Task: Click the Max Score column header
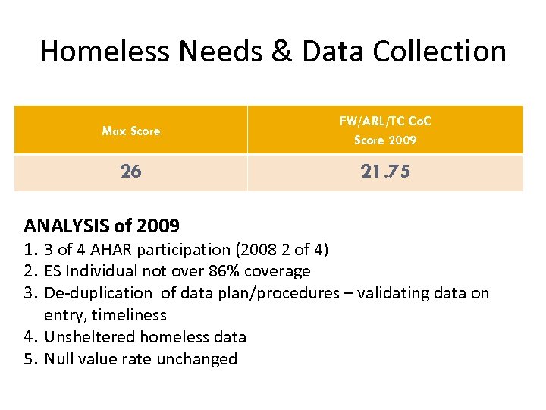[x=131, y=131]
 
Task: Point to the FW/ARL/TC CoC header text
[x=385, y=121]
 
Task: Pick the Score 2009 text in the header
[x=385, y=140]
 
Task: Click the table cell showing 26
[x=130, y=172]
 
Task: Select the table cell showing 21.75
[x=385, y=172]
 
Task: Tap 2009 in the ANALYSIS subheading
[x=158, y=225]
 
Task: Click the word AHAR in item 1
[x=113, y=249]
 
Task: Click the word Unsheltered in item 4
[x=91, y=336]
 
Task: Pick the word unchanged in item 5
[x=202, y=358]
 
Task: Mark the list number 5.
[x=31, y=358]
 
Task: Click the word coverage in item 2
[x=278, y=271]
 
